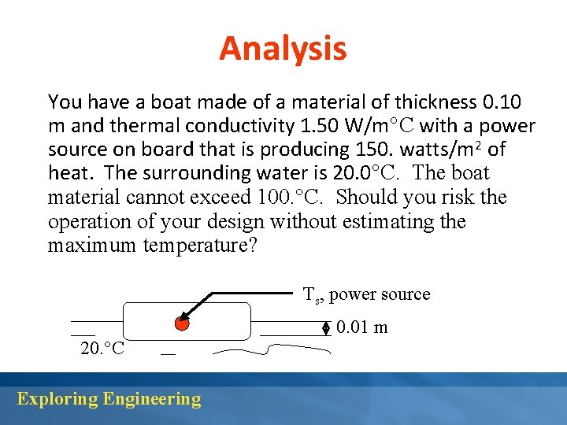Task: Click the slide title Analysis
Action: [283, 48]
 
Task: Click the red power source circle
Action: [182, 323]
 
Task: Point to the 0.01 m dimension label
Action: [361, 327]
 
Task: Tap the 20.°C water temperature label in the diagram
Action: [102, 349]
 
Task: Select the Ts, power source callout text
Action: [367, 294]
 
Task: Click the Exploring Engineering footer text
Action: [109, 399]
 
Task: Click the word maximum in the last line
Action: [93, 246]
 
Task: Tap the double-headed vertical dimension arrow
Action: [326, 328]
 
